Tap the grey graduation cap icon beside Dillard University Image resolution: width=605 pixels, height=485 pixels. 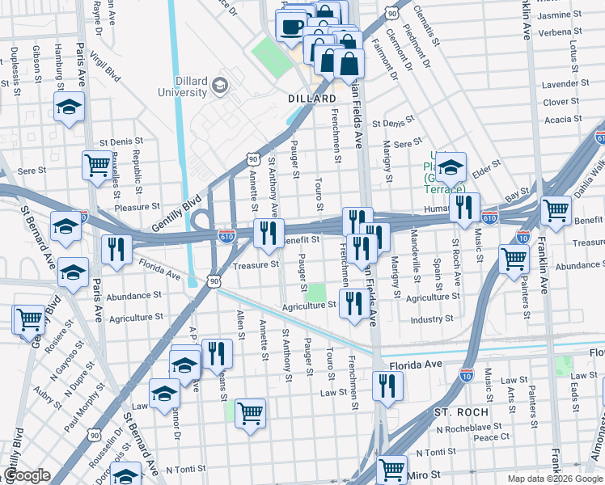219,85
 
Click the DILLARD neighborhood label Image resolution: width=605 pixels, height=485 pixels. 312,99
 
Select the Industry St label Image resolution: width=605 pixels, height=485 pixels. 431,320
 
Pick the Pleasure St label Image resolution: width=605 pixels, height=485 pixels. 136,207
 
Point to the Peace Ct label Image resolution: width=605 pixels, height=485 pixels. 492,436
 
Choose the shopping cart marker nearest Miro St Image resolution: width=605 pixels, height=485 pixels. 392,467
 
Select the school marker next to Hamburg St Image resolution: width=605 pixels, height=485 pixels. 70,106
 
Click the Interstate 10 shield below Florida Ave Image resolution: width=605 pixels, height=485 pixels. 466,374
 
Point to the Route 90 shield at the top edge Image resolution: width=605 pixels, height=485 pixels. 391,12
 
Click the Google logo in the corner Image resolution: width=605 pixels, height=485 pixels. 27,475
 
